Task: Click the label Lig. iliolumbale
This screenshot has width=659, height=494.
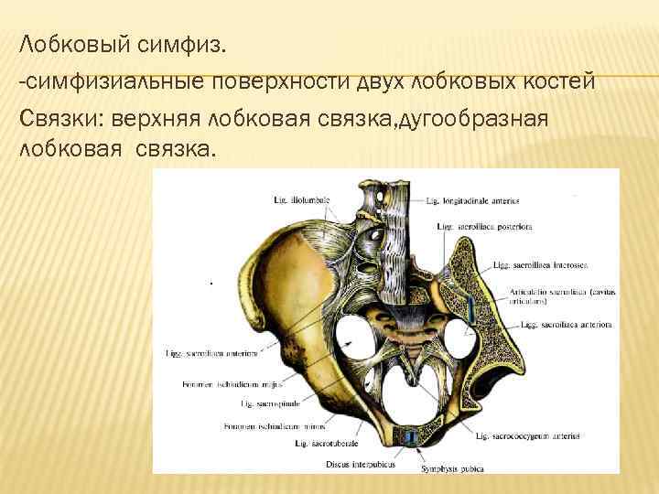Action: (301, 199)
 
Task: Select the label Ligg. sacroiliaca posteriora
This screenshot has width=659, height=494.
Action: (471, 225)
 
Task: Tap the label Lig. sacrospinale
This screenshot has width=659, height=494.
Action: (262, 403)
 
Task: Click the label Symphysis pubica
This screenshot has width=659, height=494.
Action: (448, 469)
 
